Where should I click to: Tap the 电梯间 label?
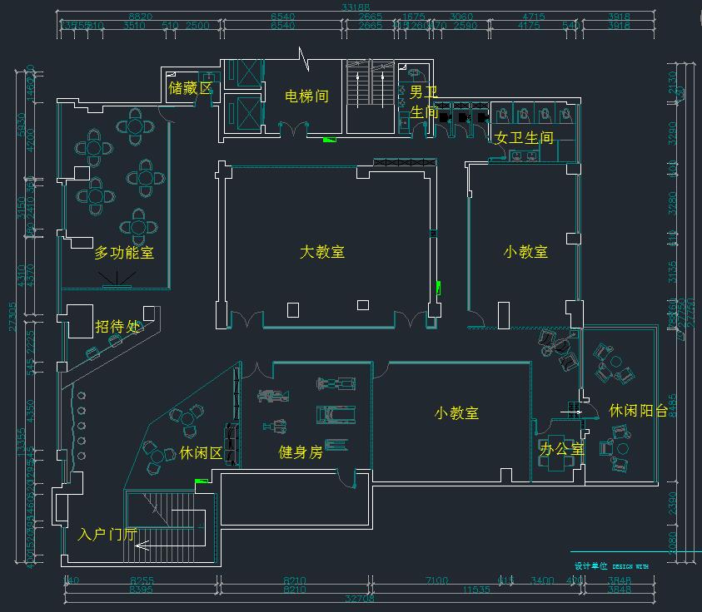[306, 96]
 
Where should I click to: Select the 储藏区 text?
[190, 88]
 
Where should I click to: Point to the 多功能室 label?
[124, 253]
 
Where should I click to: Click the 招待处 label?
[117, 326]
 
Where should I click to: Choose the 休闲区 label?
[202, 453]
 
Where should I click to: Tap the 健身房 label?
[301, 452]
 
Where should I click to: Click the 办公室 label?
[562, 449]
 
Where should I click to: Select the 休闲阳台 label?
[638, 410]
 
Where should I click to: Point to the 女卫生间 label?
[525, 138]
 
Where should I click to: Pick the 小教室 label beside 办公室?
[456, 412]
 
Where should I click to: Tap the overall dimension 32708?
[358, 598]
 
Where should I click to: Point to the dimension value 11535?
[475, 589]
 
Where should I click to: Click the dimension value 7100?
[436, 580]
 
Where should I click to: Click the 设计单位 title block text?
[590, 566]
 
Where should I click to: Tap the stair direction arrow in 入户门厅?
[142, 546]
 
